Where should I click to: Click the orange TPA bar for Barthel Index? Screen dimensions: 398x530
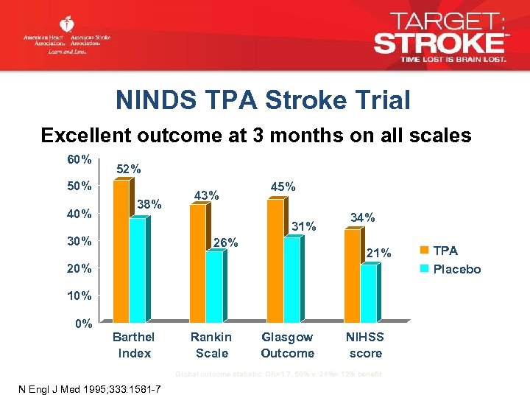point(120,251)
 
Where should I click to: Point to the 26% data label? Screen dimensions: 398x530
point(225,242)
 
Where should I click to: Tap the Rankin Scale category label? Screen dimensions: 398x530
point(211,345)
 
